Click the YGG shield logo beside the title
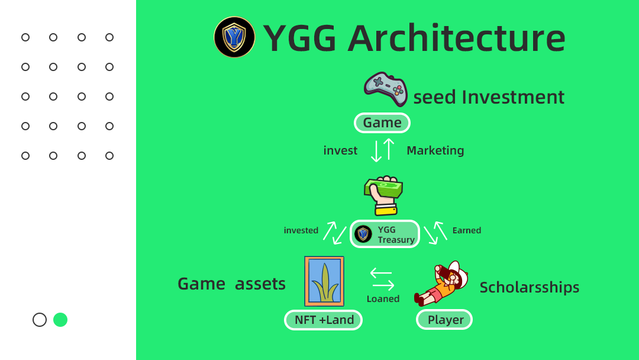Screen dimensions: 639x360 pyautogui.click(x=234, y=37)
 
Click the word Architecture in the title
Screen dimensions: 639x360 pyautogui.click(x=456, y=38)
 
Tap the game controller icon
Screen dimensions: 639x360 pyautogui.click(x=386, y=89)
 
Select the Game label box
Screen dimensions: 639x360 pyautogui.click(x=382, y=123)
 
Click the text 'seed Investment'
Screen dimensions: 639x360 pyautogui.click(x=489, y=97)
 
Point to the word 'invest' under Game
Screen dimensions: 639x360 pyautogui.click(x=340, y=150)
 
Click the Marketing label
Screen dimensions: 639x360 pyautogui.click(x=435, y=150)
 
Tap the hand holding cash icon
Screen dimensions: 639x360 pyautogui.click(x=383, y=195)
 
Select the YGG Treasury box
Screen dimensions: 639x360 pyautogui.click(x=385, y=234)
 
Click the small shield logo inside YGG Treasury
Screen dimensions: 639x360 pyautogui.click(x=363, y=234)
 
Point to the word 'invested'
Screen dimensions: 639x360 pyautogui.click(x=301, y=230)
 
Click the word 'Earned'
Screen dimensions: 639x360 pyautogui.click(x=467, y=230)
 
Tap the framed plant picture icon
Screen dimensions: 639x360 pyautogui.click(x=324, y=281)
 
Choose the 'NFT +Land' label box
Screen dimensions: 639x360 pyautogui.click(x=323, y=320)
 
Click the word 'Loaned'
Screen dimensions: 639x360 pyautogui.click(x=383, y=299)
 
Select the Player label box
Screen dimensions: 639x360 pyautogui.click(x=444, y=320)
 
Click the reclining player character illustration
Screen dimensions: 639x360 pyautogui.click(x=441, y=284)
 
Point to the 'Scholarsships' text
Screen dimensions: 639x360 pyautogui.click(x=530, y=287)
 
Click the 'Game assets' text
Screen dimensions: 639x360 pyautogui.click(x=231, y=284)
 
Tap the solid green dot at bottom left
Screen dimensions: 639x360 pyautogui.click(x=60, y=320)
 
